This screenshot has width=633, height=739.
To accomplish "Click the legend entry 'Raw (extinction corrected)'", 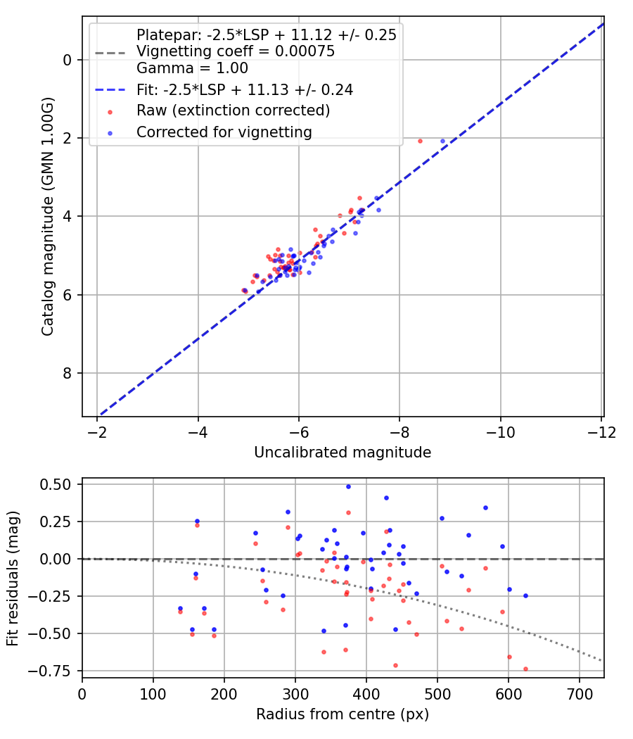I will [x=233, y=110].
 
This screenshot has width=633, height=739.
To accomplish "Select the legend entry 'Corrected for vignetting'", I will [x=224, y=132].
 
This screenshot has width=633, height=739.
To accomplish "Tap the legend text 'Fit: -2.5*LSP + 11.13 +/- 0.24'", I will [x=244, y=89].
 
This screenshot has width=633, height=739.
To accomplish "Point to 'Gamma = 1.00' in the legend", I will [x=192, y=68].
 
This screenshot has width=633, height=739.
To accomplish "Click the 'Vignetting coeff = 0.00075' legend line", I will [x=236, y=51].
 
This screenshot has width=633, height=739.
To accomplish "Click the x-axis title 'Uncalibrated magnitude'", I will [x=343, y=453].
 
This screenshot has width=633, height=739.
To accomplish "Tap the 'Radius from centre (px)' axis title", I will [x=343, y=714].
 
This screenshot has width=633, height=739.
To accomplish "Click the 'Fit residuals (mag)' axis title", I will [x=13, y=579].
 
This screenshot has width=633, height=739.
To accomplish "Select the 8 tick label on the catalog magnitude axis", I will [x=68, y=373].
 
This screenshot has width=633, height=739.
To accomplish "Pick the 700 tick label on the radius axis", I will [x=579, y=693].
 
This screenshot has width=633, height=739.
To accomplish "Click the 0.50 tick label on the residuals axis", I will [x=56, y=484].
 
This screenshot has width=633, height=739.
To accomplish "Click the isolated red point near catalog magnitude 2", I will [x=420, y=141].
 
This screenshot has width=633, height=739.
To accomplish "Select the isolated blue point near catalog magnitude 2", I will [x=442, y=141].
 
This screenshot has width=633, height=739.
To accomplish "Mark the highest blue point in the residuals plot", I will [x=348, y=486].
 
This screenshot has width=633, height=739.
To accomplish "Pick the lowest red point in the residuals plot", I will [x=525, y=669].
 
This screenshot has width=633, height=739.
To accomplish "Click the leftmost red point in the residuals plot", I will [x=180, y=611].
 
